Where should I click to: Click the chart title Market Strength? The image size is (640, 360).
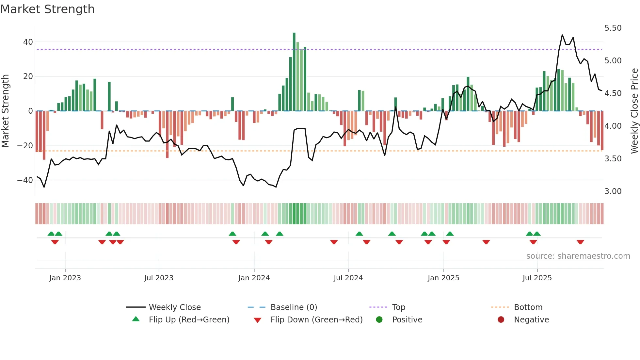pyautogui.click(x=47, y=9)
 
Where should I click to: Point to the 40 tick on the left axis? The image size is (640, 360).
pyautogui.click(x=28, y=42)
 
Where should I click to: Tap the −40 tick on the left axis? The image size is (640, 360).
pyautogui.click(x=25, y=180)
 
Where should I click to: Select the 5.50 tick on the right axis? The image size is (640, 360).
pyautogui.click(x=613, y=28)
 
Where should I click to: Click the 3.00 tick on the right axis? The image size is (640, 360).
pyautogui.click(x=613, y=191)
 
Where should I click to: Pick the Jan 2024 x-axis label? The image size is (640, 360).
pyautogui.click(x=254, y=278)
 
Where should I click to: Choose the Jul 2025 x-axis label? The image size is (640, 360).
pyautogui.click(x=537, y=278)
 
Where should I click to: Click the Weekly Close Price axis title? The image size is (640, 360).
pyautogui.click(x=634, y=111)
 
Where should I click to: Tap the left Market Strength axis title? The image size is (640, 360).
pyautogui.click(x=5, y=111)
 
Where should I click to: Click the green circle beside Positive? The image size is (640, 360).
pyautogui.click(x=379, y=320)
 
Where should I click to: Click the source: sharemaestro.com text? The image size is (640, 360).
pyautogui.click(x=578, y=256)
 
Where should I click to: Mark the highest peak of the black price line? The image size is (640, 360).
pyautogui.click(x=562, y=35)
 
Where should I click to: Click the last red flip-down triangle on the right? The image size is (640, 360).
pyautogui.click(x=580, y=242)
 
